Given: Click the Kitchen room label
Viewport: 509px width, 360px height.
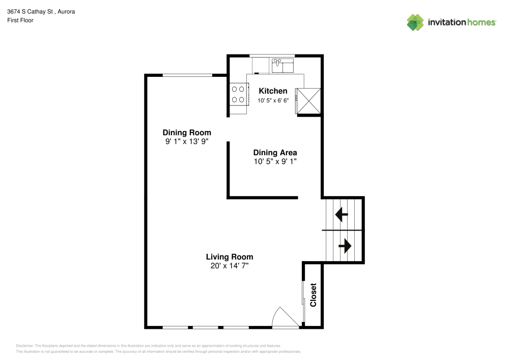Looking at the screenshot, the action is [273, 91].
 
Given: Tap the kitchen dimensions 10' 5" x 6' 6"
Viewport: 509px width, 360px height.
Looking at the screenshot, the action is [273, 100].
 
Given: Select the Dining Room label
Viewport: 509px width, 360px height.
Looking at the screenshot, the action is [187, 132].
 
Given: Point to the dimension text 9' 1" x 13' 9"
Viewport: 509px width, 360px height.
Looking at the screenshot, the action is [187, 141].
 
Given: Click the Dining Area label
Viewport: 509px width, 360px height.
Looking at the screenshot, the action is [275, 153].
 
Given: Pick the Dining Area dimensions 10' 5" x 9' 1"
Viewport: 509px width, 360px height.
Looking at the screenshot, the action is [275, 161].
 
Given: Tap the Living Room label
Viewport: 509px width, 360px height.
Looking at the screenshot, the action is [230, 257].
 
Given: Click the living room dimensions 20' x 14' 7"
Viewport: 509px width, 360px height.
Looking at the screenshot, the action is [230, 265].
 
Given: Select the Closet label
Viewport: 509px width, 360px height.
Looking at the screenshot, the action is [313, 295].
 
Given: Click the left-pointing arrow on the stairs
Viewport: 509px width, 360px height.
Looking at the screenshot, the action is [342, 214].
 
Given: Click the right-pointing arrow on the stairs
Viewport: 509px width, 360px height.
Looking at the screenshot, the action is [345, 246].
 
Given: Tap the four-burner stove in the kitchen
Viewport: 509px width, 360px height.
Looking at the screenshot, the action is [238, 94].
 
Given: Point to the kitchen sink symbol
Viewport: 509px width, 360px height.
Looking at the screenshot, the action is [282, 66].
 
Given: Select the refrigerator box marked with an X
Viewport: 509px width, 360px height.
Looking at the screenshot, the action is [308, 101].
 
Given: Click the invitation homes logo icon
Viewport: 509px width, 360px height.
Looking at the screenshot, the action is [415, 22].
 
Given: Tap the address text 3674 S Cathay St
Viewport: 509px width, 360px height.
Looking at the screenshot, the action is [30, 12].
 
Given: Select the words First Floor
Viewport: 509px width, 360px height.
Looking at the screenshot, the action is [20, 20].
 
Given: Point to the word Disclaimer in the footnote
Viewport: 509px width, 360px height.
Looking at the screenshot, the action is [24, 346].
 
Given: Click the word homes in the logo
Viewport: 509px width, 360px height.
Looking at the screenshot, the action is [482, 22].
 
